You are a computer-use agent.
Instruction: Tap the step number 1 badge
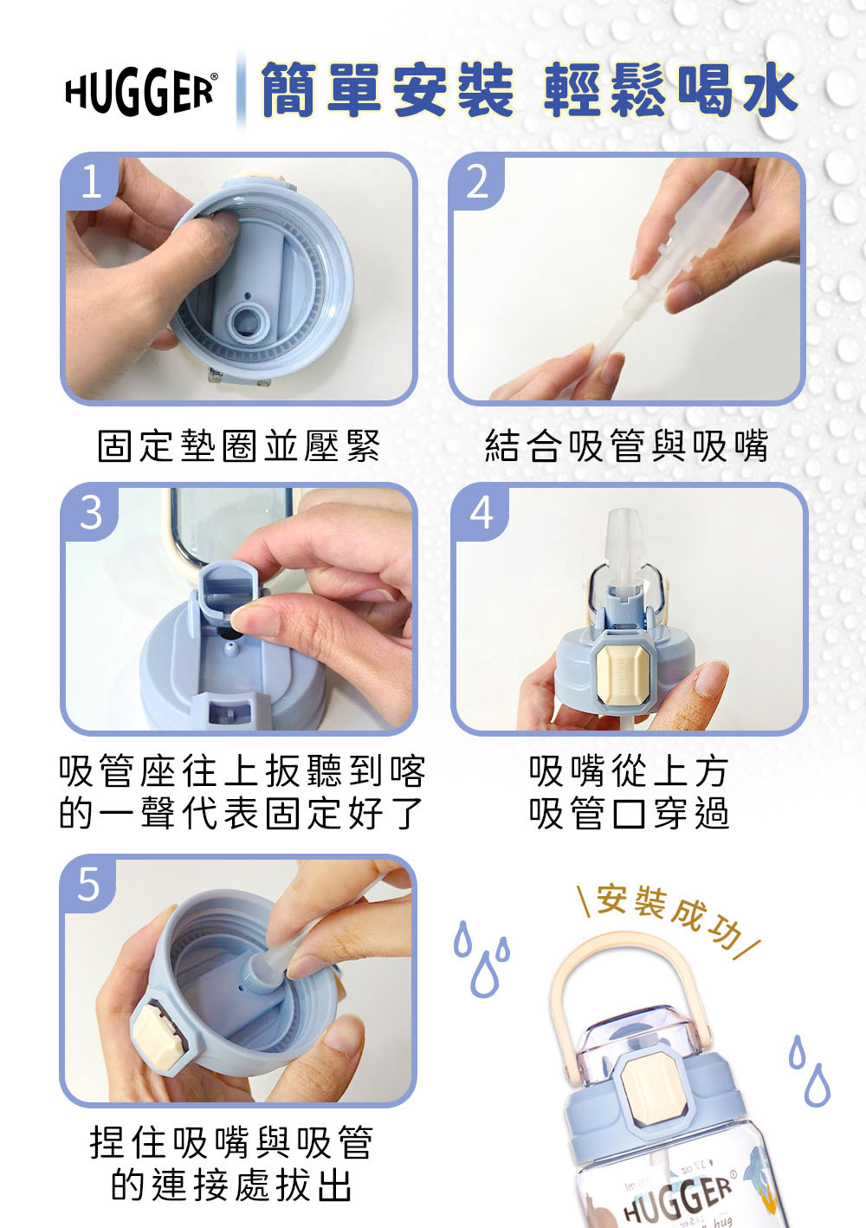tap(91, 183)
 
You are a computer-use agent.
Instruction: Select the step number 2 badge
tap(477, 183)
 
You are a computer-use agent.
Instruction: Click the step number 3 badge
tap(91, 512)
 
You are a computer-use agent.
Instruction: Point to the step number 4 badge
tap(481, 512)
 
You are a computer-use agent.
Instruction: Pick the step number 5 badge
tap(89, 884)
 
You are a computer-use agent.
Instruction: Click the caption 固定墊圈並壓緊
tap(238, 446)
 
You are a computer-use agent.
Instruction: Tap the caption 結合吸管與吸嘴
tap(626, 446)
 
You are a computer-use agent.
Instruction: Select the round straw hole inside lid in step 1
tap(249, 320)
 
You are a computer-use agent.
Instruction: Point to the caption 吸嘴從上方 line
tap(629, 770)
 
